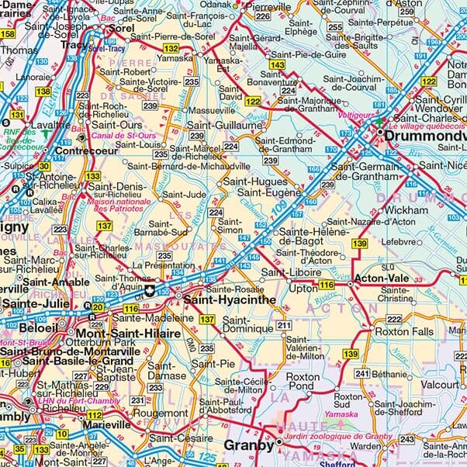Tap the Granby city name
(247, 445)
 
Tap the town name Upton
(302, 288)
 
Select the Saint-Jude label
(184, 195)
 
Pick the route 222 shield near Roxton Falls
(394, 320)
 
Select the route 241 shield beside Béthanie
(362, 373)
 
